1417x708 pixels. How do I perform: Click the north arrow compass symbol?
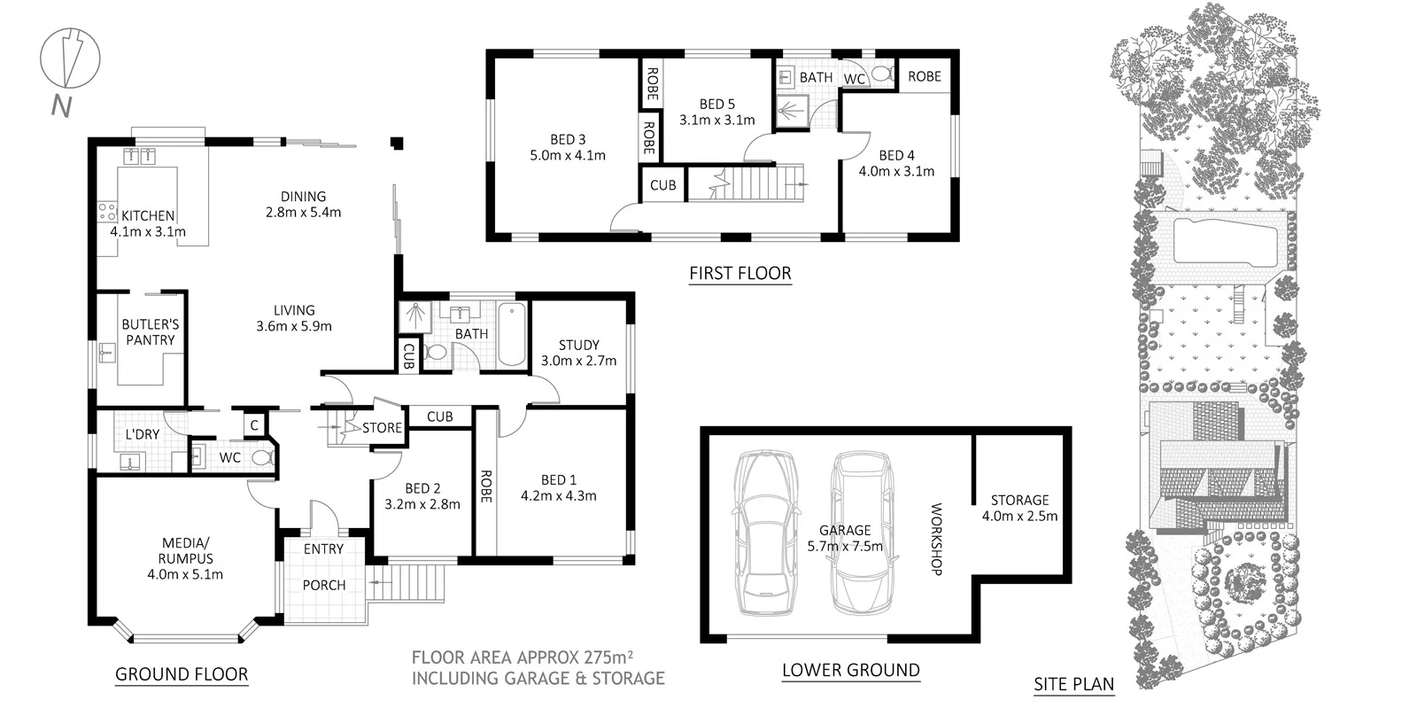[x=69, y=59]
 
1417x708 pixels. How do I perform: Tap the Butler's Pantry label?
[x=150, y=332]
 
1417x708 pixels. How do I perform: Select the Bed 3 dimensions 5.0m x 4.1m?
[x=568, y=155]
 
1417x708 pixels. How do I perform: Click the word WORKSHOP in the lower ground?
[x=936, y=539]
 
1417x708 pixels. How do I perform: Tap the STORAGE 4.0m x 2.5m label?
[x=1019, y=508]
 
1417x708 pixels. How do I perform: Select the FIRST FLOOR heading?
[x=739, y=273]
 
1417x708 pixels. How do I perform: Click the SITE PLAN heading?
[x=1073, y=683]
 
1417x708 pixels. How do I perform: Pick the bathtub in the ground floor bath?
[x=512, y=334]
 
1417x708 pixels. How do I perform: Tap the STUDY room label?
[x=578, y=345]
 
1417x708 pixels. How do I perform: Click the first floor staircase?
[x=748, y=183]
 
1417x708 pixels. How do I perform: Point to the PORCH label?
[x=324, y=585]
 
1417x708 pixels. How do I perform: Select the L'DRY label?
[x=142, y=434]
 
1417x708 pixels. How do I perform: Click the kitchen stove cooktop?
[x=107, y=211]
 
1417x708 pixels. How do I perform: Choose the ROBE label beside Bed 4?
[x=924, y=76]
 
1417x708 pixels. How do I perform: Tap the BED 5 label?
[x=716, y=105]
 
